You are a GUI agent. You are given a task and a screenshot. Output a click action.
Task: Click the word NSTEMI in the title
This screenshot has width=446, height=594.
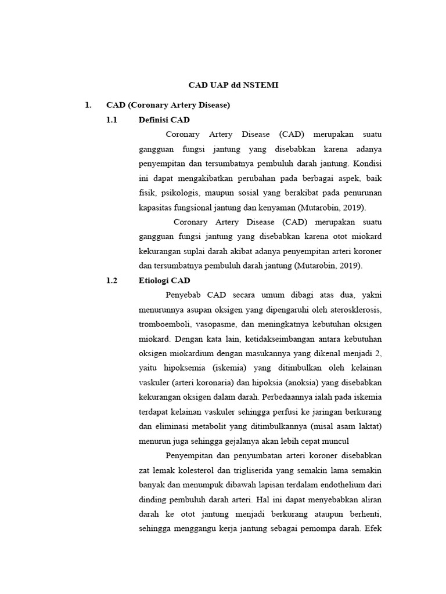pyautogui.click(x=261, y=85)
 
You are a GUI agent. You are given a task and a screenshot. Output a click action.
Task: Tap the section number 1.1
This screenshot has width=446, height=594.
pyautogui.click(x=112, y=119)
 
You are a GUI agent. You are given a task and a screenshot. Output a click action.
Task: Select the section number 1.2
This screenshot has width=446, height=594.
pyautogui.click(x=112, y=280)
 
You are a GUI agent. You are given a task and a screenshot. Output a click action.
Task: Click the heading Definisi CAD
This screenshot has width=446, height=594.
pyautogui.click(x=164, y=119)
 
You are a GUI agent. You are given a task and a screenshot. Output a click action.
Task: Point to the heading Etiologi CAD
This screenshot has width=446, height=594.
pyautogui.click(x=165, y=280)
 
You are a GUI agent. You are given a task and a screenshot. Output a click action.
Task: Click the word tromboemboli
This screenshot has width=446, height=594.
pyautogui.click(x=164, y=324)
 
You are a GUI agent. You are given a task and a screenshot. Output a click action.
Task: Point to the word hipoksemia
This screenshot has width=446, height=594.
pyautogui.click(x=188, y=368)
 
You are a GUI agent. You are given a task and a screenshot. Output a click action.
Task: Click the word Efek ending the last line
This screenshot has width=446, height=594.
pyautogui.click(x=373, y=528)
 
